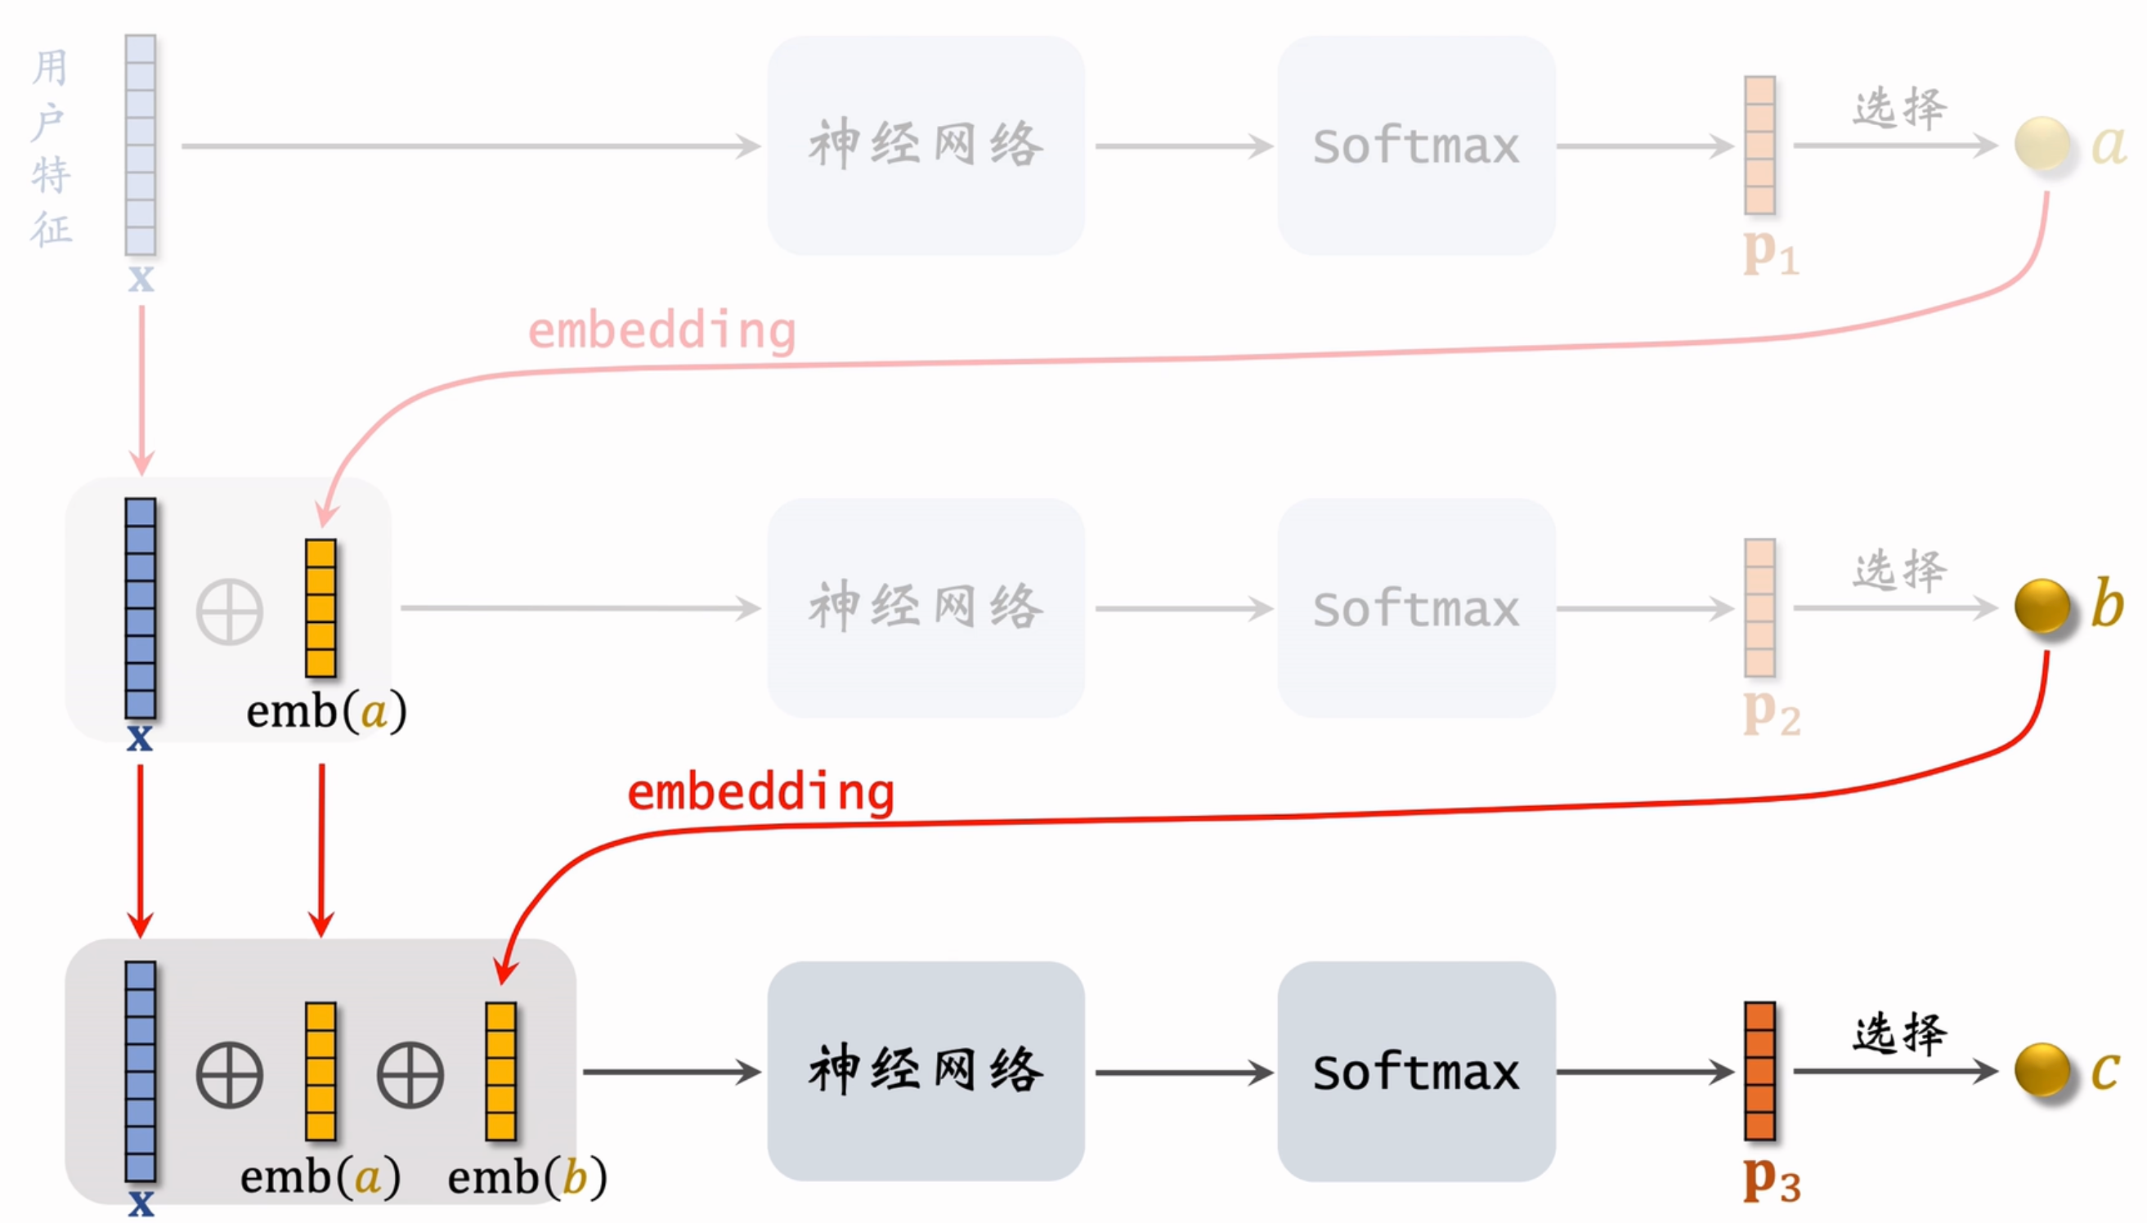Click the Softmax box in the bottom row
(x=1415, y=1071)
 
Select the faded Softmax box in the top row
(x=1415, y=146)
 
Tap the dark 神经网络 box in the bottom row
(x=926, y=1071)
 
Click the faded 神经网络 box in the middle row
(x=926, y=607)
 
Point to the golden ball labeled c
(x=2042, y=1069)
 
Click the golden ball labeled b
(x=2042, y=606)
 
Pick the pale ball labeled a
(x=2042, y=144)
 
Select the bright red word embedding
(x=761, y=793)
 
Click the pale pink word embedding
(x=662, y=331)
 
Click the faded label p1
(x=1771, y=251)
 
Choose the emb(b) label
(x=527, y=1176)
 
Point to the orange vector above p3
(x=1759, y=1071)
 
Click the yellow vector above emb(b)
(x=500, y=1071)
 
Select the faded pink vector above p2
(x=1759, y=607)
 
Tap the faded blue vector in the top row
(x=141, y=146)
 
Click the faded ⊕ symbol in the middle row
(x=229, y=611)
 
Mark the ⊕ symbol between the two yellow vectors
(x=410, y=1075)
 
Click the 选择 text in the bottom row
(x=1899, y=1034)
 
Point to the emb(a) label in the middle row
(x=326, y=711)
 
